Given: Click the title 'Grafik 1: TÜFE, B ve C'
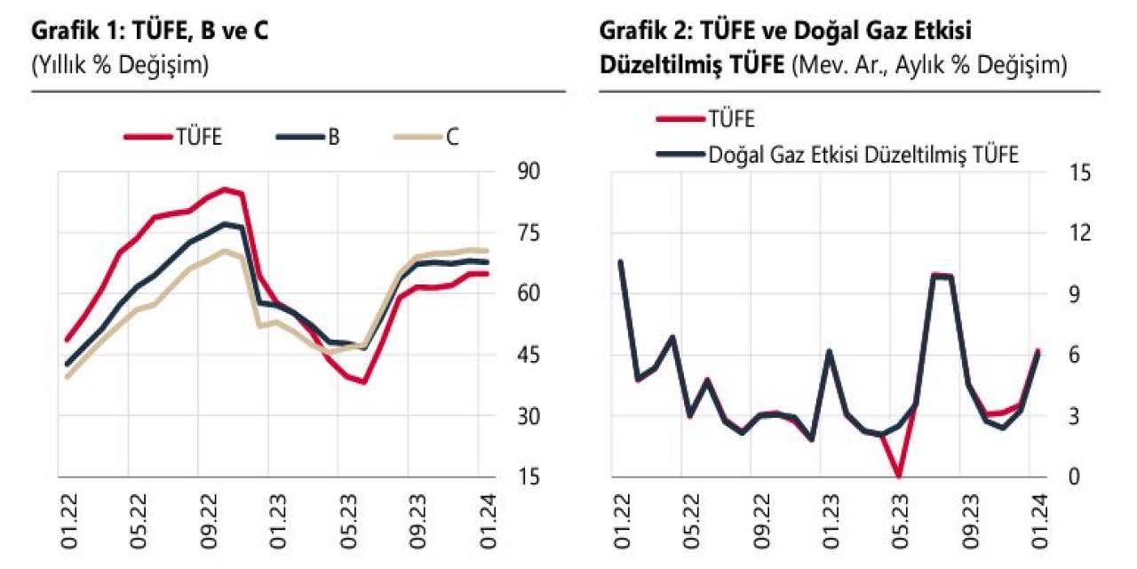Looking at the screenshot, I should pos(150,31).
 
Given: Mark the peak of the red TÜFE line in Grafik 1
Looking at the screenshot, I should pos(225,188).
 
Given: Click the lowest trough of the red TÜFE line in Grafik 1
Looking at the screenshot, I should pos(364,382).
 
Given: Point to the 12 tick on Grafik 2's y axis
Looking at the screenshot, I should pos(1079,233).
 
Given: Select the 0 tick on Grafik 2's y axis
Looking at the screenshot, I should pos(1073,477).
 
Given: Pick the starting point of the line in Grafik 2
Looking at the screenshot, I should pos(620,261).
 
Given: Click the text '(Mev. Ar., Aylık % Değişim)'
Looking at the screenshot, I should pos(928,65).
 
